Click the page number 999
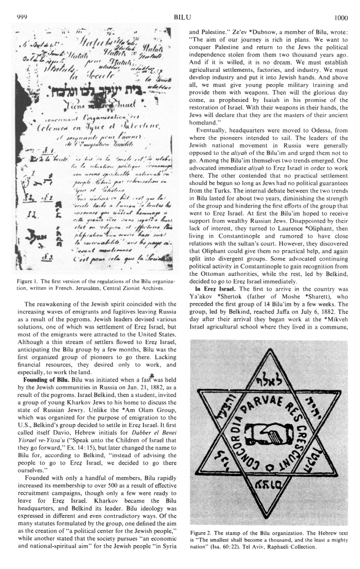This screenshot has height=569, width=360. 22,17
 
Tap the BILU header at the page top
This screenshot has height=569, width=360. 182,17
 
